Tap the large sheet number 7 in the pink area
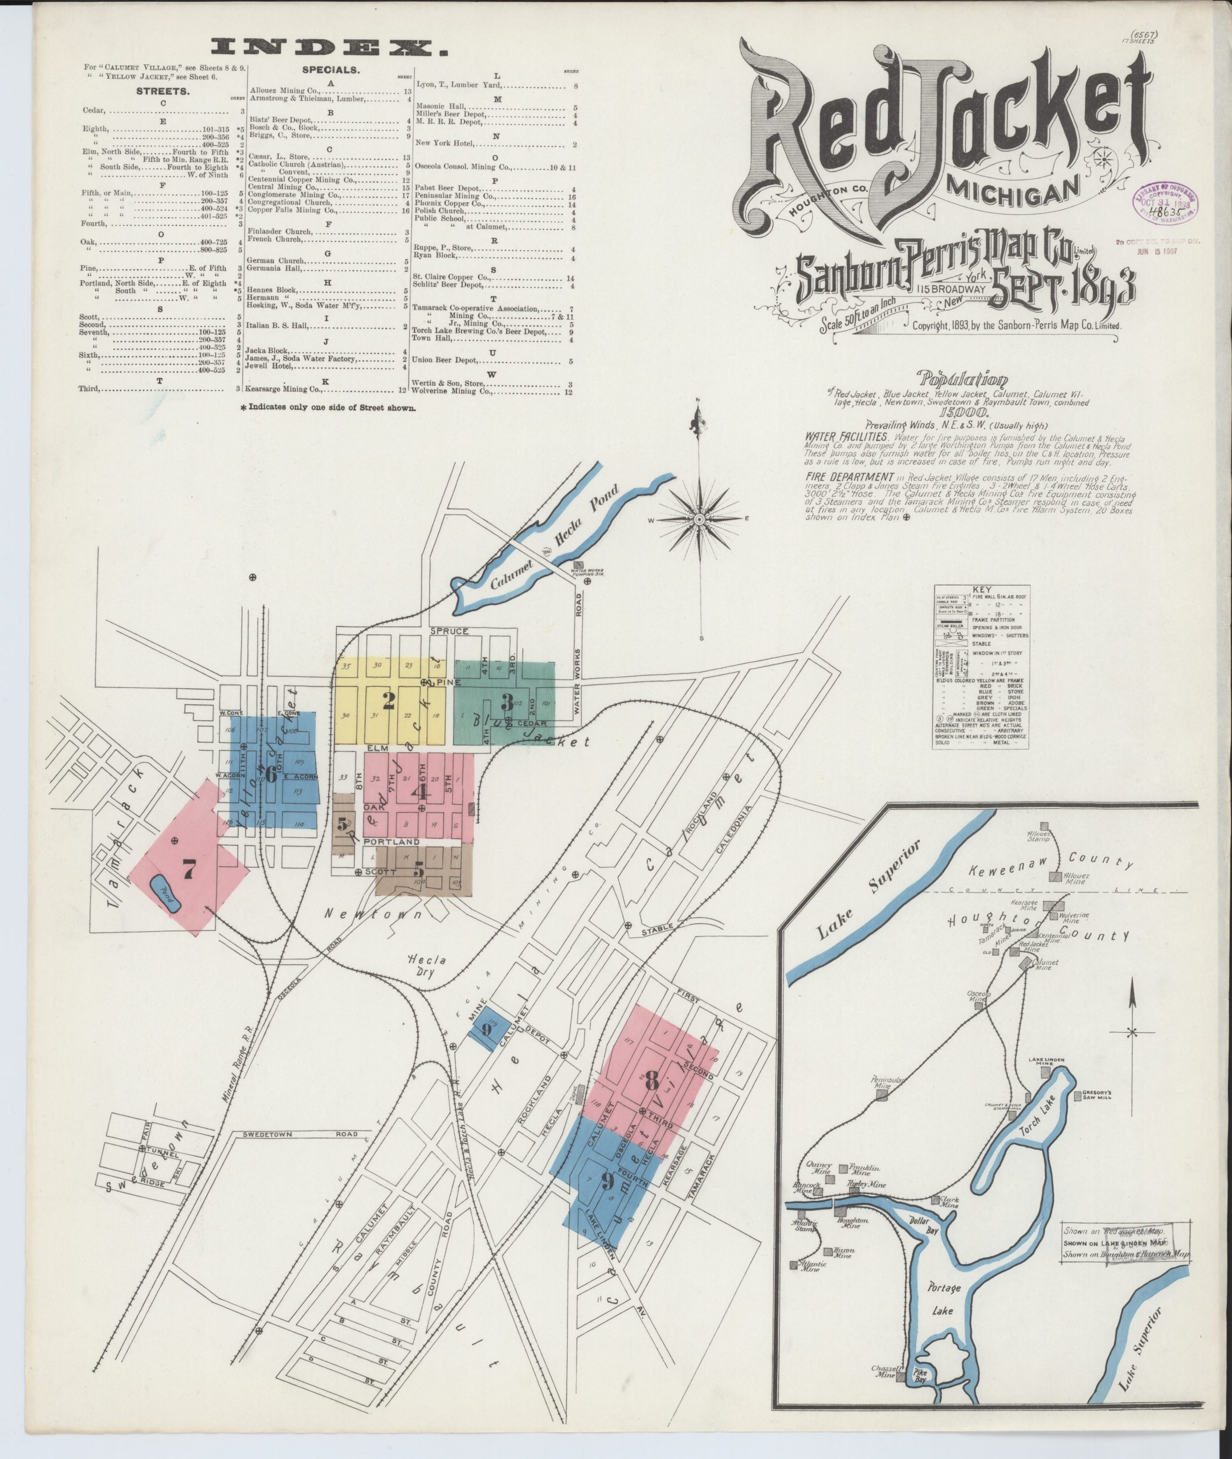[189, 869]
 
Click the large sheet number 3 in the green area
[507, 700]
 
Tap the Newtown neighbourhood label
[383, 914]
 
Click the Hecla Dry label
[427, 969]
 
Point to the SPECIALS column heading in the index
[331, 71]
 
